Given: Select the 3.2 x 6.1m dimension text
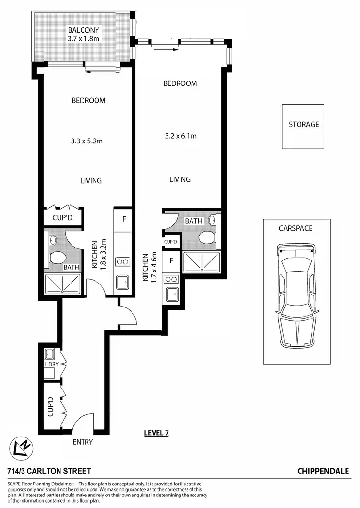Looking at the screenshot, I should [180, 136].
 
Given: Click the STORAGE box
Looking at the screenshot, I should [303, 125].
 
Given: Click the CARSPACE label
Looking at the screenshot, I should [295, 228].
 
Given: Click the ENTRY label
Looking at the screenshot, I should [82, 442].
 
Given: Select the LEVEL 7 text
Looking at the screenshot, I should [156, 433].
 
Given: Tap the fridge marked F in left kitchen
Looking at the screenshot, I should [124, 219].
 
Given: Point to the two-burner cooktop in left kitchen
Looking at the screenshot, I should [122, 261].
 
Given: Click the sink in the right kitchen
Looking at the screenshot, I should [171, 294].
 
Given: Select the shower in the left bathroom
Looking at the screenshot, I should [62, 284].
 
